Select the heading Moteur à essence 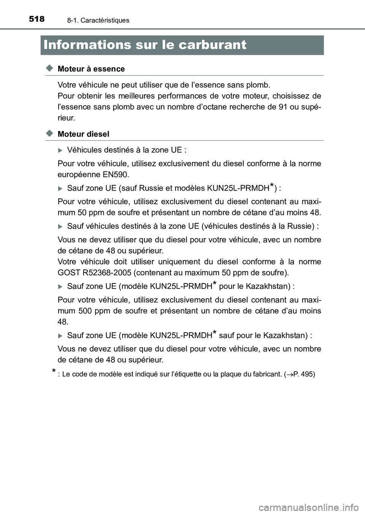(91, 69)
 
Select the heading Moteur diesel (83, 134)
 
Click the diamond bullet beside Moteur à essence (48, 68)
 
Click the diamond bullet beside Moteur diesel (48, 134)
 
